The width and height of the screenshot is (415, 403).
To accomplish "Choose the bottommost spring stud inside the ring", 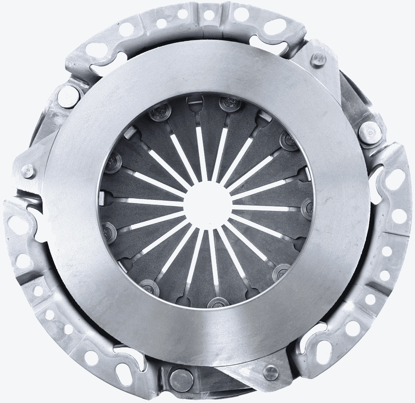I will click(216, 304).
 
